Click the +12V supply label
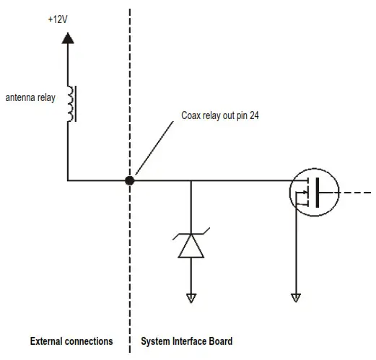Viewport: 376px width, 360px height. (x=56, y=19)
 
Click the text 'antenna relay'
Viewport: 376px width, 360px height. (x=30, y=97)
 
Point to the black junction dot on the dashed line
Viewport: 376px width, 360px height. (x=130, y=180)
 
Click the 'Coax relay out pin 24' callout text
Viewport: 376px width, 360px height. (x=219, y=115)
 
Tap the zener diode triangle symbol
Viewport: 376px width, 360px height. (x=191, y=247)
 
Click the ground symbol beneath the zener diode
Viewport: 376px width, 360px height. (x=191, y=297)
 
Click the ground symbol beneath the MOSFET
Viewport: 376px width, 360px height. (x=294, y=297)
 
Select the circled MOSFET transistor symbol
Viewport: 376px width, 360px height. (x=314, y=193)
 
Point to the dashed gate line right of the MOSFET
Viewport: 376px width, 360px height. (x=357, y=193)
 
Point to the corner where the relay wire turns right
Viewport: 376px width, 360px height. (x=67, y=180)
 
